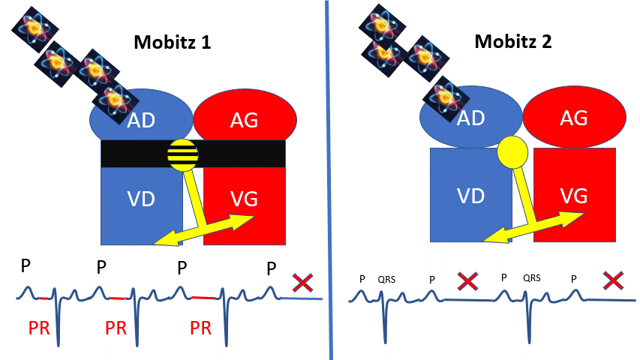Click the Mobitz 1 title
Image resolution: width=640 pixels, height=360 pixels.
coord(172,42)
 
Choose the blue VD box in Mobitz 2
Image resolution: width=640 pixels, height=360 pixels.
coord(465,195)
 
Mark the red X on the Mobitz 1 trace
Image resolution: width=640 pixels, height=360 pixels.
coord(302,283)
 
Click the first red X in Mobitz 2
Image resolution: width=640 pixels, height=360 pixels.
coord(467,282)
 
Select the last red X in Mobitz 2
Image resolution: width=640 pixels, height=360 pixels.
coord(613,281)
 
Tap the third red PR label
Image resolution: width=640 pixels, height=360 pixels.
coord(200,328)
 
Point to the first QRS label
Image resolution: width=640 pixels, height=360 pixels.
coord(386,279)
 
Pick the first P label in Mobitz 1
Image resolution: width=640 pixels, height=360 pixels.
coord(26,267)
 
